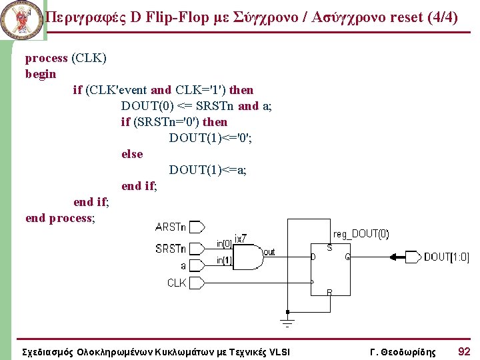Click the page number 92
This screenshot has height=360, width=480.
pyautogui.click(x=464, y=351)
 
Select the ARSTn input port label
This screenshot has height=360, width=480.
pyautogui.click(x=171, y=227)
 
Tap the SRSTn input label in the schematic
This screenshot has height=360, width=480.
pyautogui.click(x=171, y=249)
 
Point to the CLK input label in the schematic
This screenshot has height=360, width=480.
pyautogui.click(x=177, y=283)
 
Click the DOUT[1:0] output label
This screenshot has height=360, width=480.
pyautogui.click(x=446, y=257)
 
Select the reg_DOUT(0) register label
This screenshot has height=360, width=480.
pyautogui.click(x=361, y=234)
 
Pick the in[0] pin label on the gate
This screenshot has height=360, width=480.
pyautogui.click(x=224, y=243)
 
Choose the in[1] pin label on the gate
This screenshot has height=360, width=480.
pyautogui.click(x=224, y=261)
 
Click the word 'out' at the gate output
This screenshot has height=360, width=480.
pyautogui.click(x=269, y=252)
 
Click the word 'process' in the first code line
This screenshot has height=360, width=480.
pyautogui.click(x=47, y=58)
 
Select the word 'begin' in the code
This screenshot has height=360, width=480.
pyautogui.click(x=41, y=74)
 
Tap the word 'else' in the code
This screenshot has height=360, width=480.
pyautogui.click(x=132, y=154)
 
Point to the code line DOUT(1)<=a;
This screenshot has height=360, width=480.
pyautogui.click(x=208, y=170)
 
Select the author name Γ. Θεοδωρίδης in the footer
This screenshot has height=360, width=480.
pyautogui.click(x=403, y=351)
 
